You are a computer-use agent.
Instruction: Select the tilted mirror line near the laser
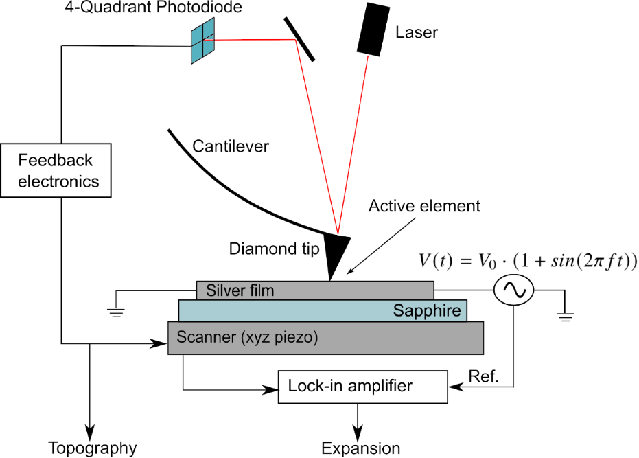pyautogui.click(x=299, y=38)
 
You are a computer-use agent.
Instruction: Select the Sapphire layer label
pyautogui.click(x=427, y=311)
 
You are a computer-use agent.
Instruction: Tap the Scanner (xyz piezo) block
pyautogui.click(x=325, y=337)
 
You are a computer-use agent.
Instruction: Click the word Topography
pyautogui.click(x=92, y=448)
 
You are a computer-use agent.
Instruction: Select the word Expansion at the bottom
pyautogui.click(x=360, y=448)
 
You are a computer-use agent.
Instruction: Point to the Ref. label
pyautogui.click(x=483, y=376)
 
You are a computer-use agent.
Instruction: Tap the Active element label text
pyautogui.click(x=424, y=205)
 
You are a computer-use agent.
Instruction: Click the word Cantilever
pyautogui.click(x=231, y=146)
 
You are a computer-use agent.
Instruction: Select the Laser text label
pyautogui.click(x=416, y=32)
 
